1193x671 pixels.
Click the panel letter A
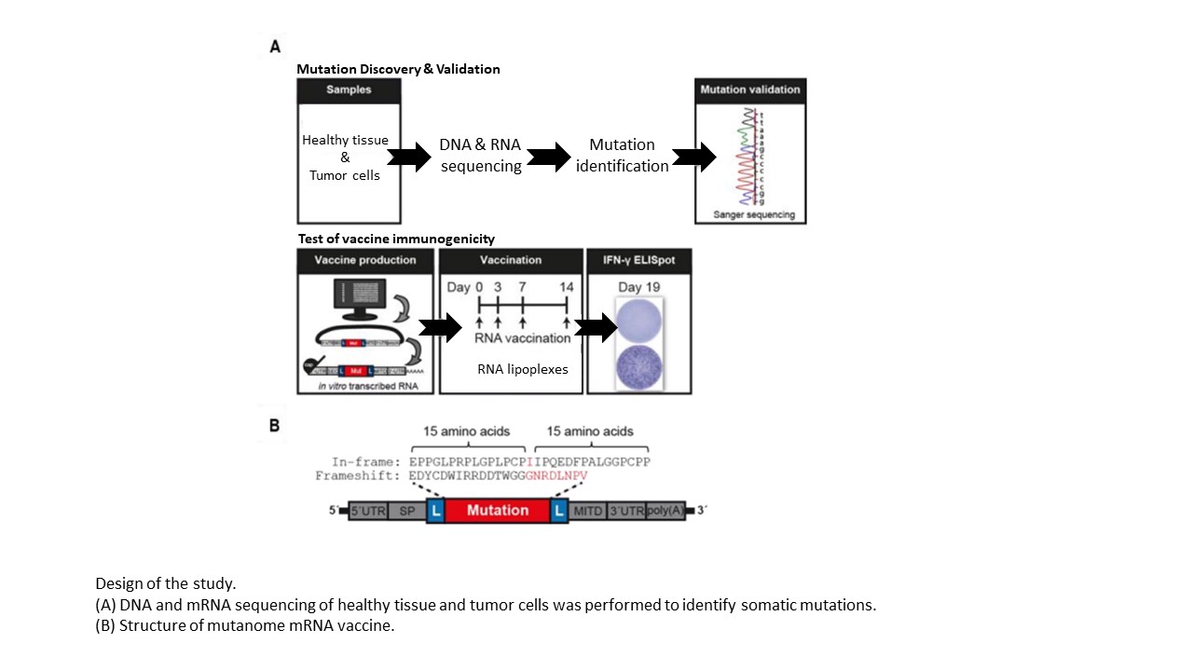pos(275,46)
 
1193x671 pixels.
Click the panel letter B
pos(275,425)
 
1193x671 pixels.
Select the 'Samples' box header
pos(349,90)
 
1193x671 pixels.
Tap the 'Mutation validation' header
pos(749,90)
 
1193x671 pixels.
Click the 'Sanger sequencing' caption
pos(754,215)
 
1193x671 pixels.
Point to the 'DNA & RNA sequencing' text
pos(480,156)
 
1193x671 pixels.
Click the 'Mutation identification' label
pos(622,156)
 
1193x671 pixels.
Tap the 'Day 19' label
pos(638,286)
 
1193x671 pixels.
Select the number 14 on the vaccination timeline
pos(566,287)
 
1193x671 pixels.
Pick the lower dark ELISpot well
pos(638,365)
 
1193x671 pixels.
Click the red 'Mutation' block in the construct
pos(497,511)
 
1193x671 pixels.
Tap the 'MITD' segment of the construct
pos(587,511)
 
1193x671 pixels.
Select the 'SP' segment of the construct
pos(406,511)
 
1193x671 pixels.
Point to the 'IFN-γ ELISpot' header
pos(638,260)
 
